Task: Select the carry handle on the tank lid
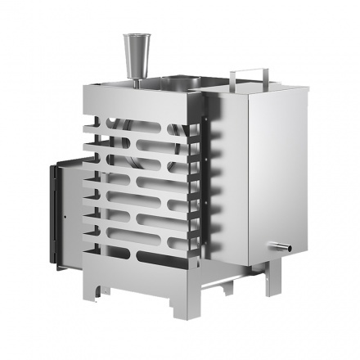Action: tap(245, 74)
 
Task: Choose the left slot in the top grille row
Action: tap(115, 129)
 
